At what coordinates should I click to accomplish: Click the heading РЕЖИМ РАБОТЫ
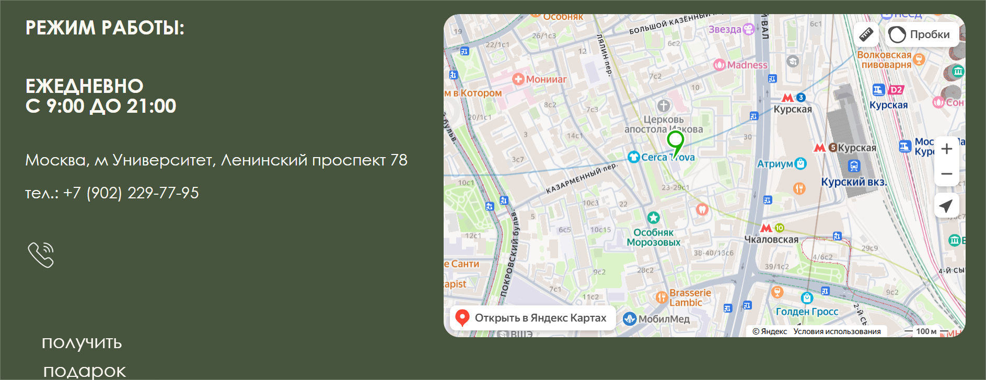pyautogui.click(x=105, y=28)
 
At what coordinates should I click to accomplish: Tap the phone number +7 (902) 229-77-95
pyautogui.click(x=112, y=193)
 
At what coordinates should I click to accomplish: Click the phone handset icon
pyautogui.click(x=41, y=255)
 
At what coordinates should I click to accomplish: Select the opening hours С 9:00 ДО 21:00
pyautogui.click(x=101, y=106)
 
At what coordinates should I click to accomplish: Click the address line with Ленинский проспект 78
pyautogui.click(x=216, y=160)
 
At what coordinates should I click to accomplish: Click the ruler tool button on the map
pyautogui.click(x=866, y=34)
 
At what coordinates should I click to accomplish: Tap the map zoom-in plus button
pyautogui.click(x=946, y=149)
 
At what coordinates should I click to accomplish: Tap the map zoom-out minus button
pyautogui.click(x=946, y=174)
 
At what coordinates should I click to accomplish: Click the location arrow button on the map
pyautogui.click(x=946, y=206)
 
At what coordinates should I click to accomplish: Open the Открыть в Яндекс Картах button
pyautogui.click(x=532, y=318)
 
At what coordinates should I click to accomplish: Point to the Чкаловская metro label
pyautogui.click(x=771, y=240)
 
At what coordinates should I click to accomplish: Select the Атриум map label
pyautogui.click(x=775, y=164)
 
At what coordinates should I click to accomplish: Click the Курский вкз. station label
pyautogui.click(x=854, y=182)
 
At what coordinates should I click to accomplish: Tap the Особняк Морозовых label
pyautogui.click(x=654, y=238)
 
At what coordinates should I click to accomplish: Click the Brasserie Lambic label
pyautogui.click(x=690, y=298)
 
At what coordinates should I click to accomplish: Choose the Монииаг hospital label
pyautogui.click(x=546, y=79)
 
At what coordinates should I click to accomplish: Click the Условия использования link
pyautogui.click(x=837, y=331)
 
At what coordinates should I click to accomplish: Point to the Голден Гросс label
pyautogui.click(x=807, y=312)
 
